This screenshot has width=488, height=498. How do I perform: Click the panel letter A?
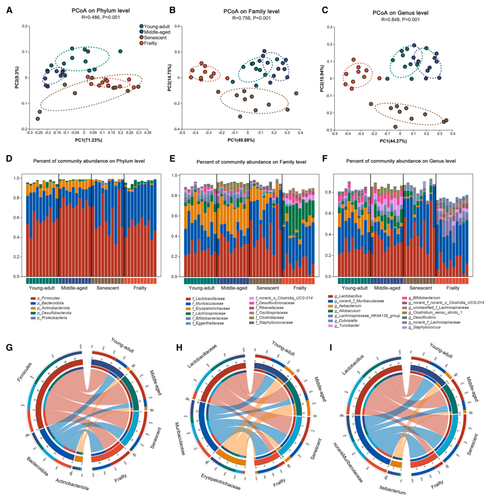tap(10, 10)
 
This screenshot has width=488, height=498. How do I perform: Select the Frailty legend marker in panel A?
tap(143, 44)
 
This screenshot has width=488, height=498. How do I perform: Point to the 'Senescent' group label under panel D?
tap(108, 290)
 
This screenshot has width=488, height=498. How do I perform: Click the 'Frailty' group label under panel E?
tap(299, 288)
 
